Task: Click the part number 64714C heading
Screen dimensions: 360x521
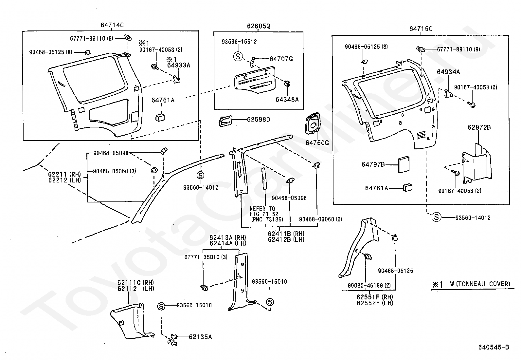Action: [112, 25]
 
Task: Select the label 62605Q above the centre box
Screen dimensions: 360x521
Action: [258, 26]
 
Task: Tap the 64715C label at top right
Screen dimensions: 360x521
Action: [421, 29]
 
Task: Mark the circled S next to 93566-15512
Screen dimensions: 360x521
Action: [238, 56]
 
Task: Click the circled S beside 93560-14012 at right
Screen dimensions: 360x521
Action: [436, 217]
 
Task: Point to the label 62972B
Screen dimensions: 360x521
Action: [479, 127]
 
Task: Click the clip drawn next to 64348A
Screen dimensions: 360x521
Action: [287, 84]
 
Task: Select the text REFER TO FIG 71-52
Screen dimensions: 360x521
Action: [262, 211]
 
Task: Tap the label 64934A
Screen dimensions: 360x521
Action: [448, 72]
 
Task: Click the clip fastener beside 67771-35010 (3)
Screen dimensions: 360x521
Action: [204, 288]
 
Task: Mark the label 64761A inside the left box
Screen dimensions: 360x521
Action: [163, 100]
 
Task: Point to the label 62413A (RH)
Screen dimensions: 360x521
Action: [227, 237]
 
